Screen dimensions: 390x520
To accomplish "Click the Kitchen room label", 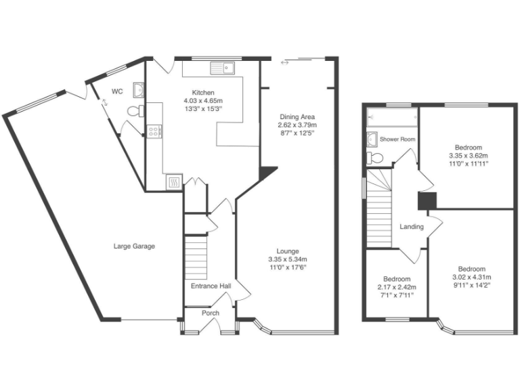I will tap(203, 93).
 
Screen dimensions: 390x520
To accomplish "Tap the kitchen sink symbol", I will tap(221, 67).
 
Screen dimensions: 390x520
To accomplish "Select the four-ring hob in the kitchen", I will tap(154, 131).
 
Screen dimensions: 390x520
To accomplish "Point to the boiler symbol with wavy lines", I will tap(173, 181).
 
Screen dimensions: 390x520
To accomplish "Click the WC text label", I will tap(117, 91).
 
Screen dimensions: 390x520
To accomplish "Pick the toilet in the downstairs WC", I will tap(135, 110).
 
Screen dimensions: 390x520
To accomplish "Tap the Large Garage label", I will tap(134, 246).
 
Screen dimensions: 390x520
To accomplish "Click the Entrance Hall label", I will tap(211, 286).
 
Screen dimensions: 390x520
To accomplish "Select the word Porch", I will tap(211, 313).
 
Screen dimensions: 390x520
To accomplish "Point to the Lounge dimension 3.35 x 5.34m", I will tap(288, 259).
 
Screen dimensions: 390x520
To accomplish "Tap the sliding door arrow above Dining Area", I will tap(284, 63).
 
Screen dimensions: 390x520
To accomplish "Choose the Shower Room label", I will tap(397, 139).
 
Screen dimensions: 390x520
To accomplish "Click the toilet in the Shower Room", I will tap(375, 158).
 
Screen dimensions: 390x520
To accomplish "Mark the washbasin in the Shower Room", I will tap(372, 139).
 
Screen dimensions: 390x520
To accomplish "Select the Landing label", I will tap(412, 227).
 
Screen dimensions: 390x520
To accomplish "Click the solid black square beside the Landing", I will tap(427, 201).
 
